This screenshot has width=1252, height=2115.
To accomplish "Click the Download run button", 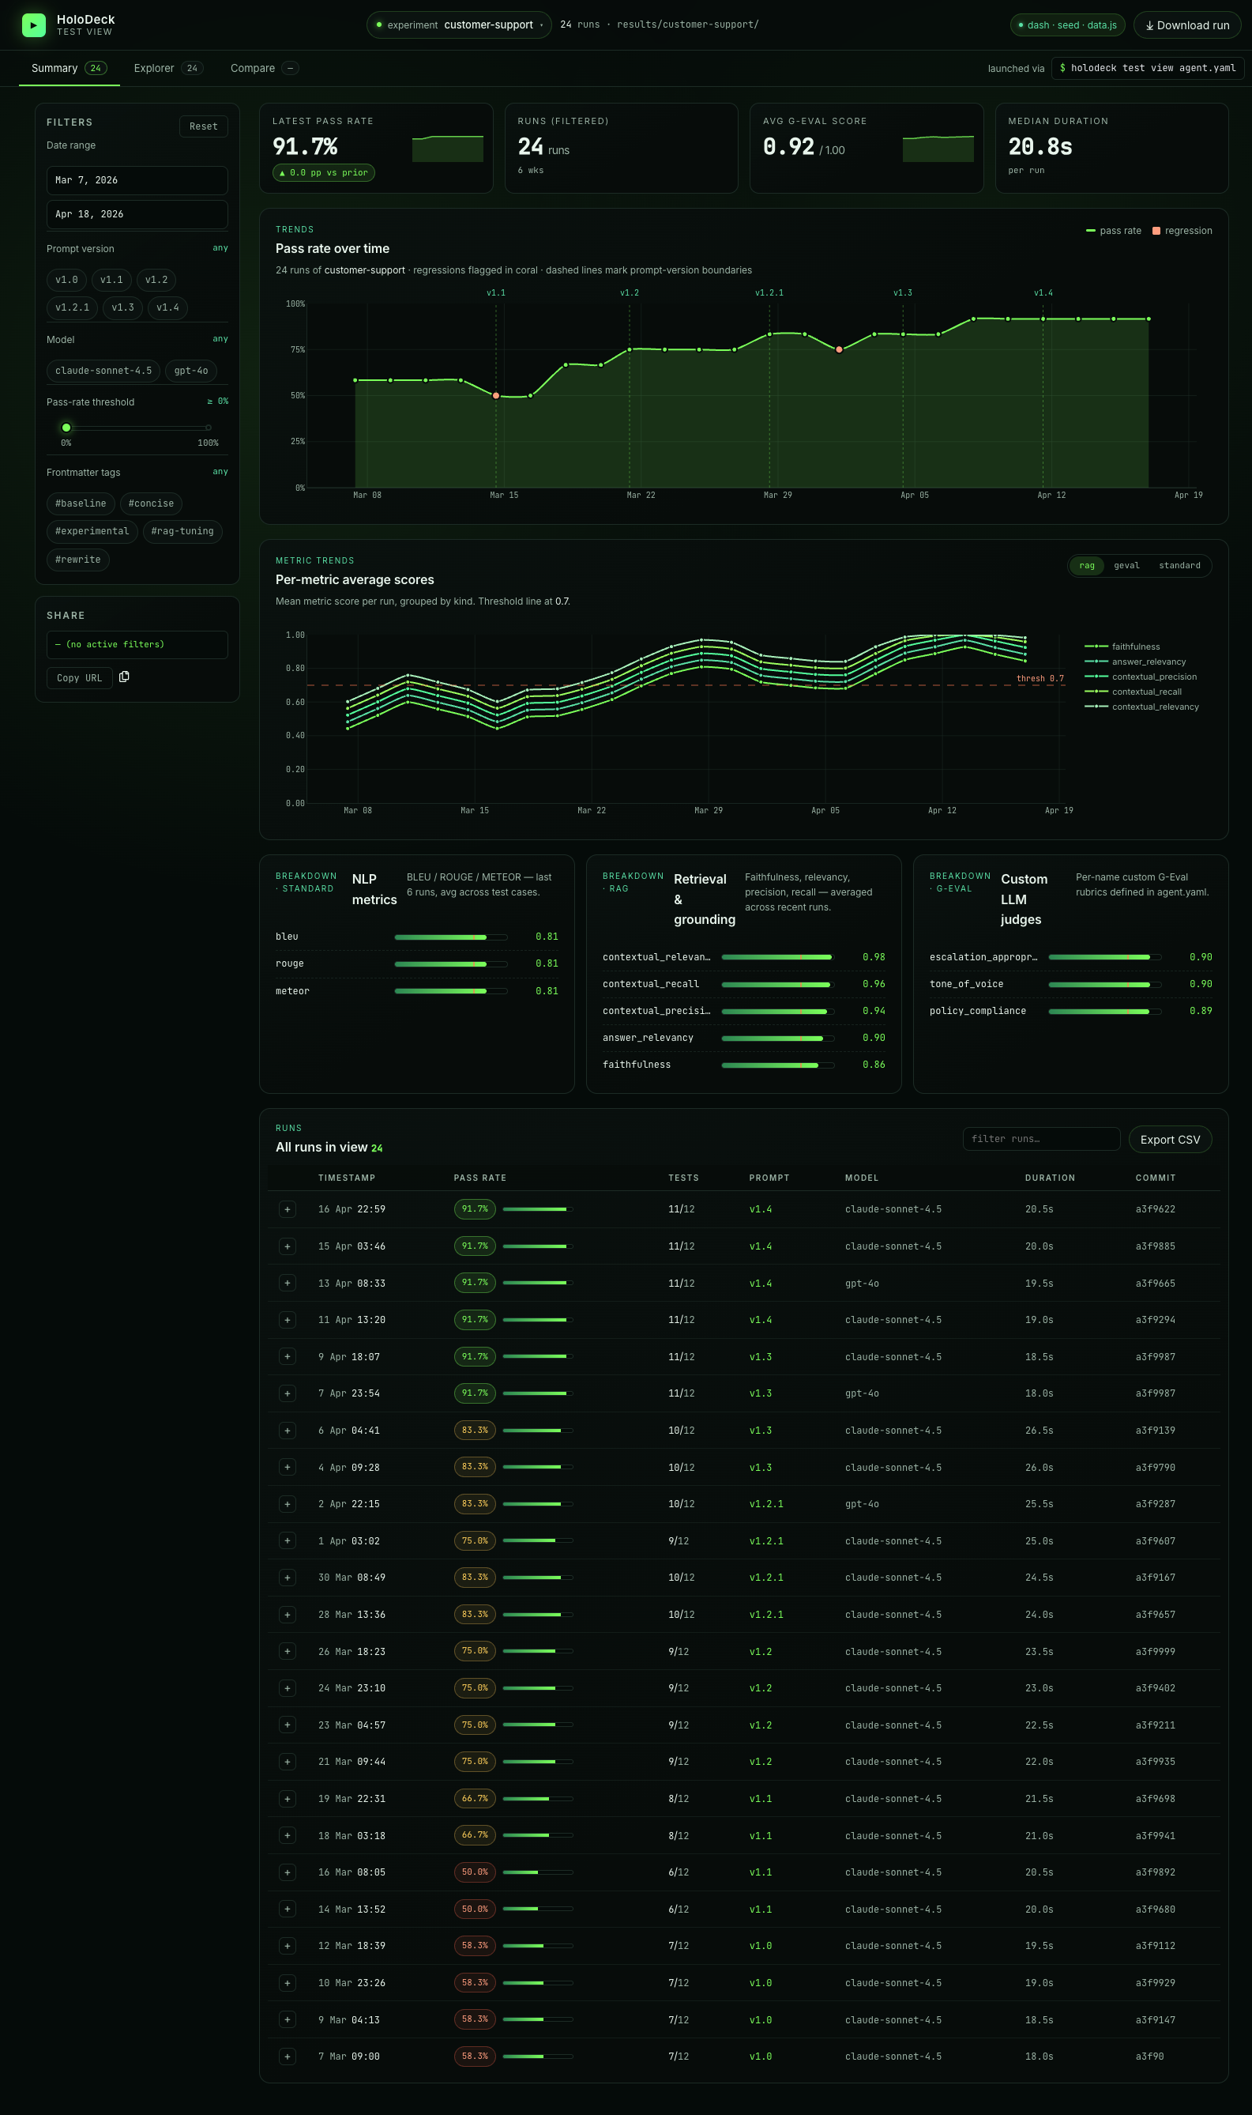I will pyautogui.click(x=1186, y=25).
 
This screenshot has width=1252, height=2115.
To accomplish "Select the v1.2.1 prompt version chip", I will pyautogui.click(x=72, y=308).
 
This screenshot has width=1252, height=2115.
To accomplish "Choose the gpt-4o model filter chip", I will pyautogui.click(x=190, y=371).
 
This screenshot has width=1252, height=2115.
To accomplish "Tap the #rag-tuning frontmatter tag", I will pyautogui.click(x=182, y=532).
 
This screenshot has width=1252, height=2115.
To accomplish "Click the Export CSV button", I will pyautogui.click(x=1169, y=1140).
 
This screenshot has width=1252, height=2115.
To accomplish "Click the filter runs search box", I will pyautogui.click(x=1040, y=1140).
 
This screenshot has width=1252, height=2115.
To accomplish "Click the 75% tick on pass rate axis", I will pyautogui.click(x=298, y=350).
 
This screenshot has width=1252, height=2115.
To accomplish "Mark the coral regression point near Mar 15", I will pyautogui.click(x=496, y=396).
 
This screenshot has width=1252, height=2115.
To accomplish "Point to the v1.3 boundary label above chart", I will pyautogui.click(x=903, y=293).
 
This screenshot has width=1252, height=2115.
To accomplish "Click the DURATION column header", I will pyautogui.click(x=1050, y=1178).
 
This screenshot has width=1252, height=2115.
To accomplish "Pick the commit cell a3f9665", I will pyautogui.click(x=1155, y=1284).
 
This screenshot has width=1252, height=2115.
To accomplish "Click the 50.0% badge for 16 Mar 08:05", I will pyautogui.click(x=475, y=1872).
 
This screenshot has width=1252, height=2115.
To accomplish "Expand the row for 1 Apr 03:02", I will pyautogui.click(x=288, y=1541).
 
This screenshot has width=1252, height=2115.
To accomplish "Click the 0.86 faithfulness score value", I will pyautogui.click(x=873, y=1065).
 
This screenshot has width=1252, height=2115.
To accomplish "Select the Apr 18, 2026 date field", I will pyautogui.click(x=137, y=214).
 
